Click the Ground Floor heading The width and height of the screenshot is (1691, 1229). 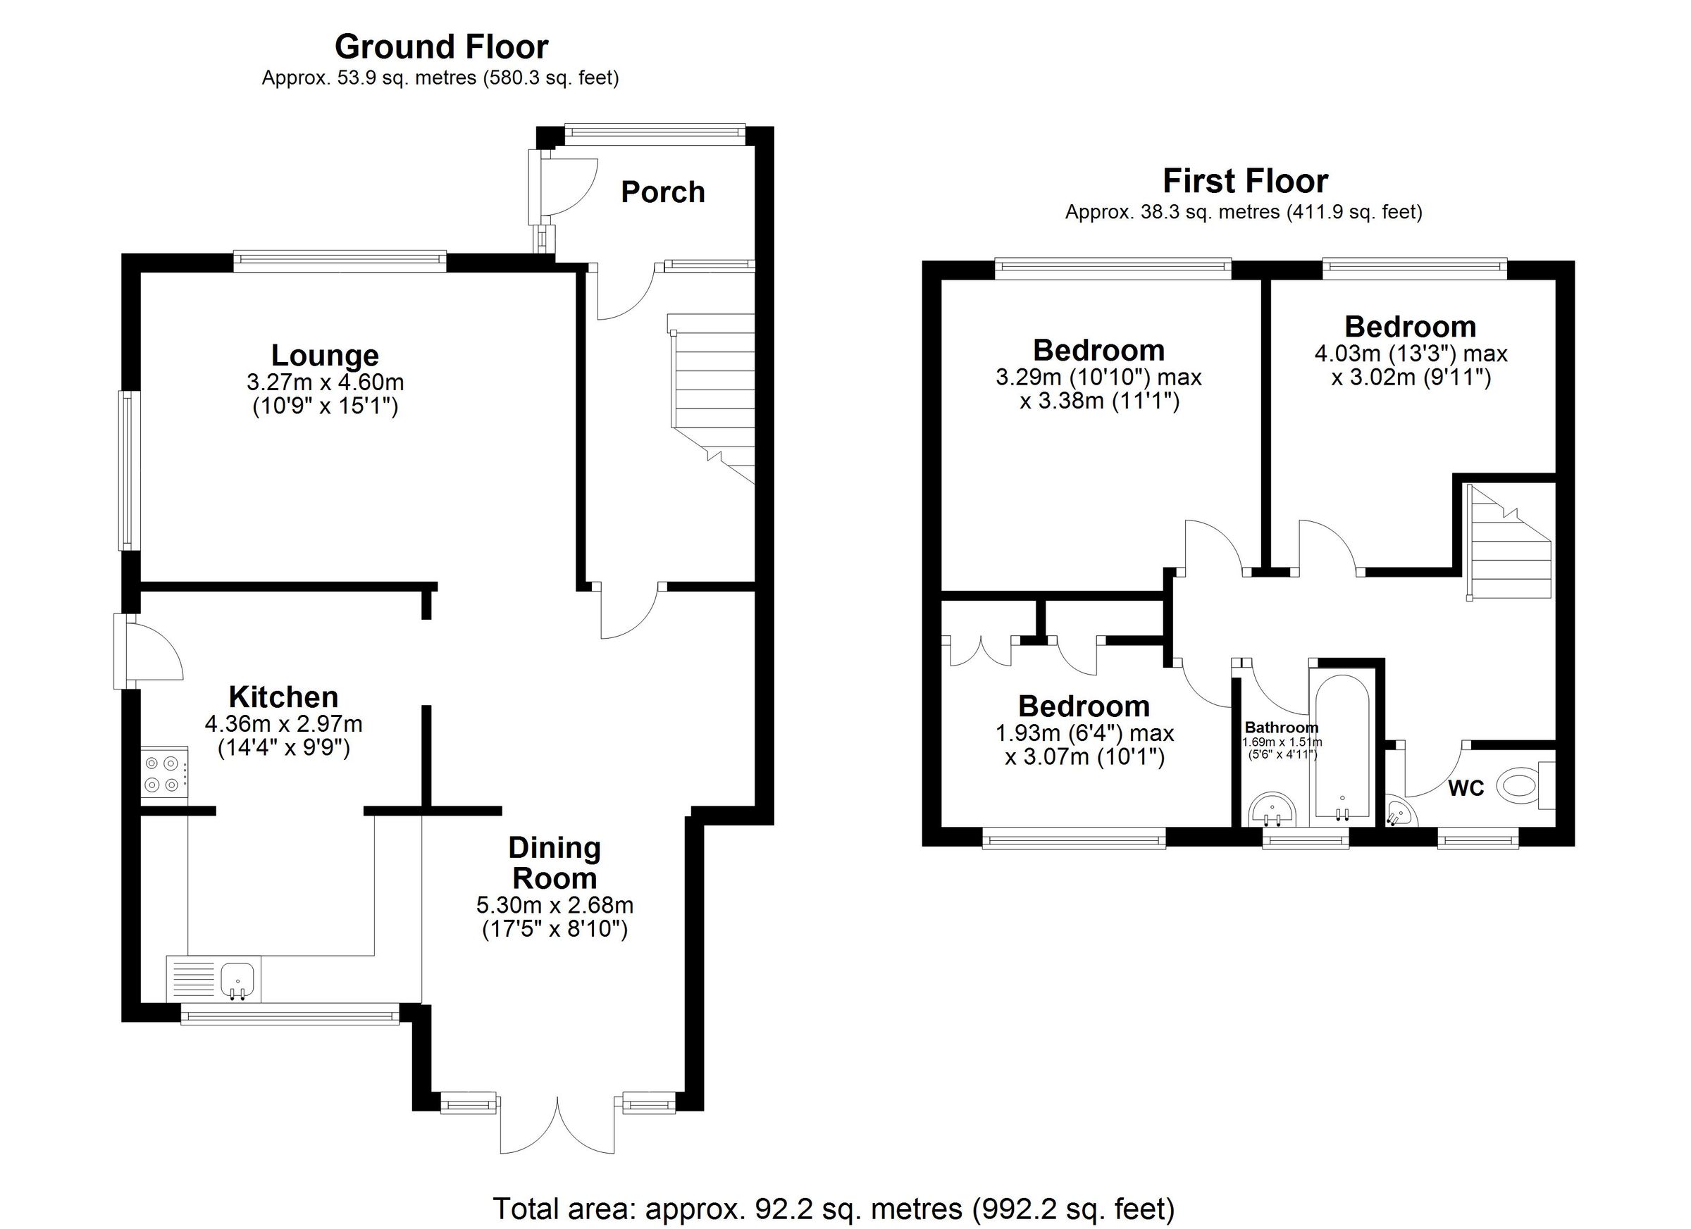440,47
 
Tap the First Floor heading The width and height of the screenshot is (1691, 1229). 1244,181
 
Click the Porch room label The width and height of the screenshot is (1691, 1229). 662,192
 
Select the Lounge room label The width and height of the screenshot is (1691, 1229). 324,356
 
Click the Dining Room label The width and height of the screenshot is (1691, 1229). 554,863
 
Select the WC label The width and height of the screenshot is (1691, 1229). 1466,789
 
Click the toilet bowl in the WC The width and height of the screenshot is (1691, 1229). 1519,785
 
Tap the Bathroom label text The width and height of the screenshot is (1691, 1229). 1281,728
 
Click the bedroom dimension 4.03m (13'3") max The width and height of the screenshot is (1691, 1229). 1411,354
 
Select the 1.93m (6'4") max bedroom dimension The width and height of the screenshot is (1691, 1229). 1084,733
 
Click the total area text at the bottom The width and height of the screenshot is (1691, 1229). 833,1208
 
